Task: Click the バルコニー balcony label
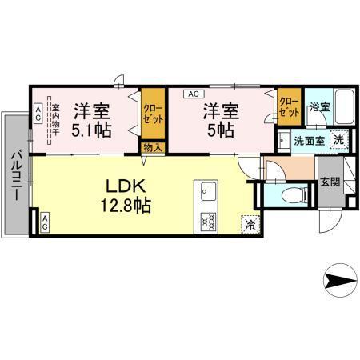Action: (x=16, y=176)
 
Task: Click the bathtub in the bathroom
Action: (x=344, y=106)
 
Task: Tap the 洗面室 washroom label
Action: (x=307, y=140)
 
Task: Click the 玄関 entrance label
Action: (x=329, y=182)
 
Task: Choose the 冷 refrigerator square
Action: (x=249, y=224)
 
